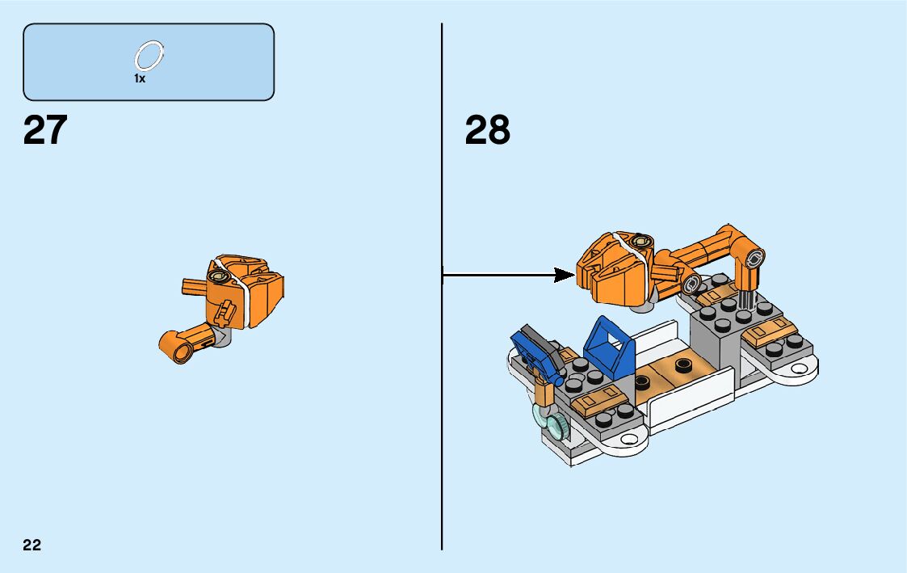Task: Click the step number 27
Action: pyautogui.click(x=45, y=130)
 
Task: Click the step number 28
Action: pyautogui.click(x=488, y=130)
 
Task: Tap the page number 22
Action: pyautogui.click(x=32, y=545)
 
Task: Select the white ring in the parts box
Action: pyautogui.click(x=149, y=57)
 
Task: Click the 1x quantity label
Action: pyautogui.click(x=140, y=79)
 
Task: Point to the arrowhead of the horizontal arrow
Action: pyautogui.click(x=565, y=276)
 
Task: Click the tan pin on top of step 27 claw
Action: pyautogui.click(x=216, y=276)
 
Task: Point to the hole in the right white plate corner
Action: pyautogui.click(x=801, y=368)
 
